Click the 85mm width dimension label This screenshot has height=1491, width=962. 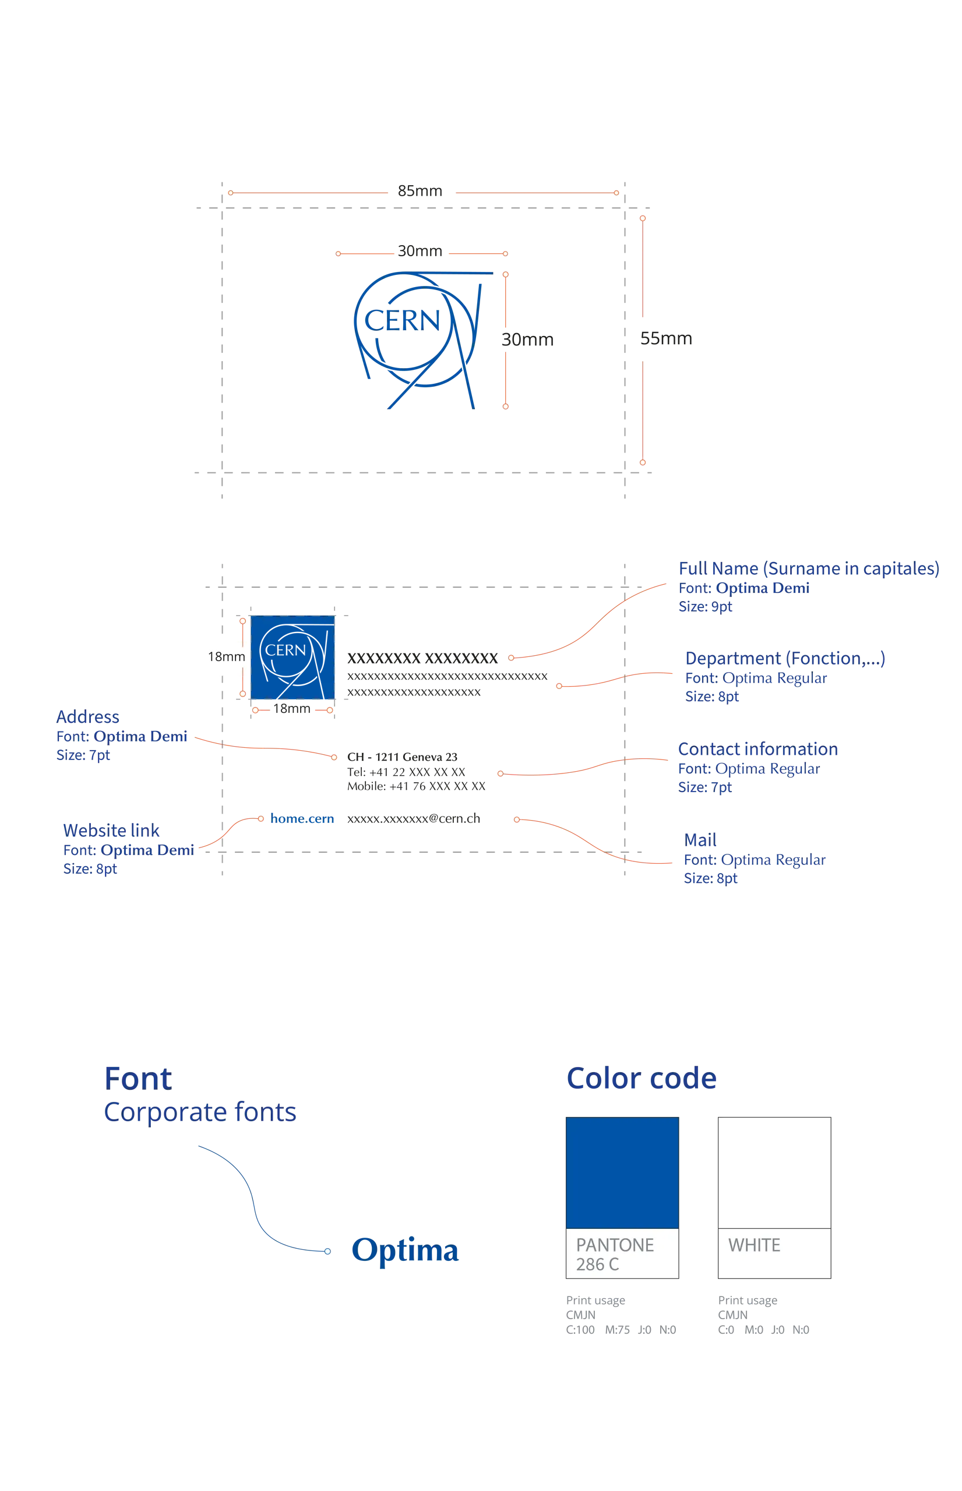420,191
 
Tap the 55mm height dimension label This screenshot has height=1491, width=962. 666,338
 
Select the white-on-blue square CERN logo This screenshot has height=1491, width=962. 293,658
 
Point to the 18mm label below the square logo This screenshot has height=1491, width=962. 292,709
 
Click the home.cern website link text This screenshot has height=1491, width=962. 302,818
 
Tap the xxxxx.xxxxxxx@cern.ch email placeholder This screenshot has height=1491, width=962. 414,818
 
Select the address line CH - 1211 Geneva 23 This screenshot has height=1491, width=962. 402,757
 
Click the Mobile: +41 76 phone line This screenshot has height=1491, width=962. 416,786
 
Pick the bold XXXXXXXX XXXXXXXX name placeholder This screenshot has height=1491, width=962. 422,658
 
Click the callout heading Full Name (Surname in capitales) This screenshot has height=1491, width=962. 809,569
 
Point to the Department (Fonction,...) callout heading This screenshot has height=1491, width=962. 785,659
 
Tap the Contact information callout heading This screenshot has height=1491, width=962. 757,749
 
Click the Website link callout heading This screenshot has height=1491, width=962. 111,831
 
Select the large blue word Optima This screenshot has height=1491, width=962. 405,1251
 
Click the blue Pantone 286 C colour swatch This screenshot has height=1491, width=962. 622,1172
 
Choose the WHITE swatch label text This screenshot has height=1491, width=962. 754,1246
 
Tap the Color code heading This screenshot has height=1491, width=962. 642,1078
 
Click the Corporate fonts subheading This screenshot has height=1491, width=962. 200,1112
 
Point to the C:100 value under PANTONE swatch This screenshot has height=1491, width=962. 580,1330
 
